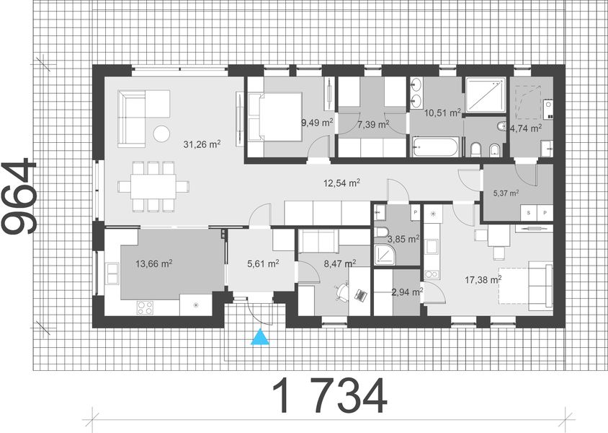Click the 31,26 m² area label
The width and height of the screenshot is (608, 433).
(x=202, y=144)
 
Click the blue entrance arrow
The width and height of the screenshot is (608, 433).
(x=259, y=337)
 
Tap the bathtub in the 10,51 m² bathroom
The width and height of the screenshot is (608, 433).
(x=434, y=149)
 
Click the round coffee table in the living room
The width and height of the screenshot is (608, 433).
(x=161, y=133)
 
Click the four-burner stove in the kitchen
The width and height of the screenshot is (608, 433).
(x=145, y=305)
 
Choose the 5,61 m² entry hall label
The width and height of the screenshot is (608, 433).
(x=262, y=264)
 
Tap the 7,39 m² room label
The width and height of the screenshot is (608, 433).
(x=373, y=125)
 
